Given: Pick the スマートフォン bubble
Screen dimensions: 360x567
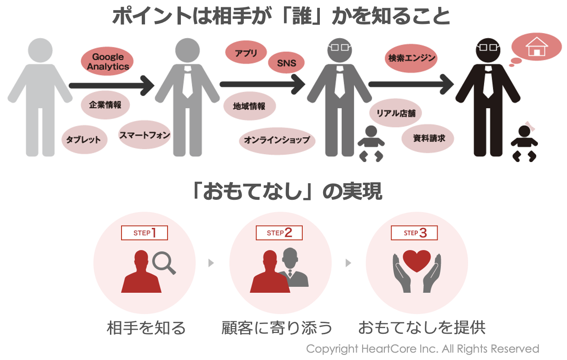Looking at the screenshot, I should point(145,135).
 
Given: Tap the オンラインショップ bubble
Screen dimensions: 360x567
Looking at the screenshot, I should point(277,140).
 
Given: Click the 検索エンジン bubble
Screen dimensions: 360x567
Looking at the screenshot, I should point(411,58).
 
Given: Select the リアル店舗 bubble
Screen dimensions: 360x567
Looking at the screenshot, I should point(395,113).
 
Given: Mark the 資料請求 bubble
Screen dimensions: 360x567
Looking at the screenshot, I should point(427,138).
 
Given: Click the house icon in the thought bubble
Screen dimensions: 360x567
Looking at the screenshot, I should point(537,47).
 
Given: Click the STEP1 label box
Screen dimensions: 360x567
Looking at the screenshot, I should point(144,232).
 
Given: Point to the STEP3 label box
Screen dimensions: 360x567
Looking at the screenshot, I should point(414,232).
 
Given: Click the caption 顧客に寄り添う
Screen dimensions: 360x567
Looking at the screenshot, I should point(277,328).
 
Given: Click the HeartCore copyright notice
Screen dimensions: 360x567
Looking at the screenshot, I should point(422,348).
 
